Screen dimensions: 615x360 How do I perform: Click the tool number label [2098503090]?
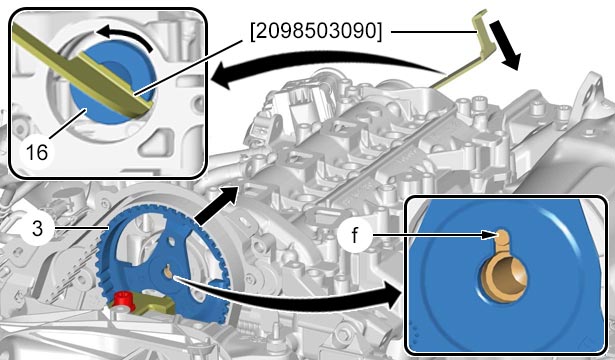point(316,31)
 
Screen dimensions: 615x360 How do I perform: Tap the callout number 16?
point(36,152)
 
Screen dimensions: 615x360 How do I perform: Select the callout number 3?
point(36,228)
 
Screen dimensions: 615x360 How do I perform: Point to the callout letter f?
point(355,235)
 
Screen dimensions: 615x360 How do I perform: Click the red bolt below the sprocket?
point(125,302)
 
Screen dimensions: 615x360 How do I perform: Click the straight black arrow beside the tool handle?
point(505,45)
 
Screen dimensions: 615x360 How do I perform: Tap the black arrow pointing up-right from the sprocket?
point(217,206)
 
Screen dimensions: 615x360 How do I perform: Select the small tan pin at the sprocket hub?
point(168,272)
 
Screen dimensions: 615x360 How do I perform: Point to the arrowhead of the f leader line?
point(489,235)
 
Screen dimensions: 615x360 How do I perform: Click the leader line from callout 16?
point(67,124)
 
